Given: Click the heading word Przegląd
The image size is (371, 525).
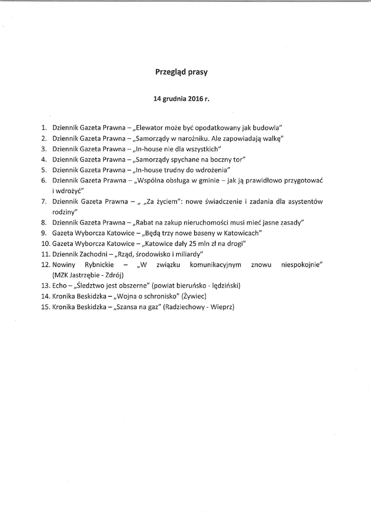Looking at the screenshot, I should pyautogui.click(x=170, y=73).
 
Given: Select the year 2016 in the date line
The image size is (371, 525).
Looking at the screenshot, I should pyautogui.click(x=192, y=99).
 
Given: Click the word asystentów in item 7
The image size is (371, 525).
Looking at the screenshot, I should pyautogui.click(x=305, y=201).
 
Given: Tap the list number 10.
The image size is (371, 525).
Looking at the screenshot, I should pyautogui.click(x=44, y=243).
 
